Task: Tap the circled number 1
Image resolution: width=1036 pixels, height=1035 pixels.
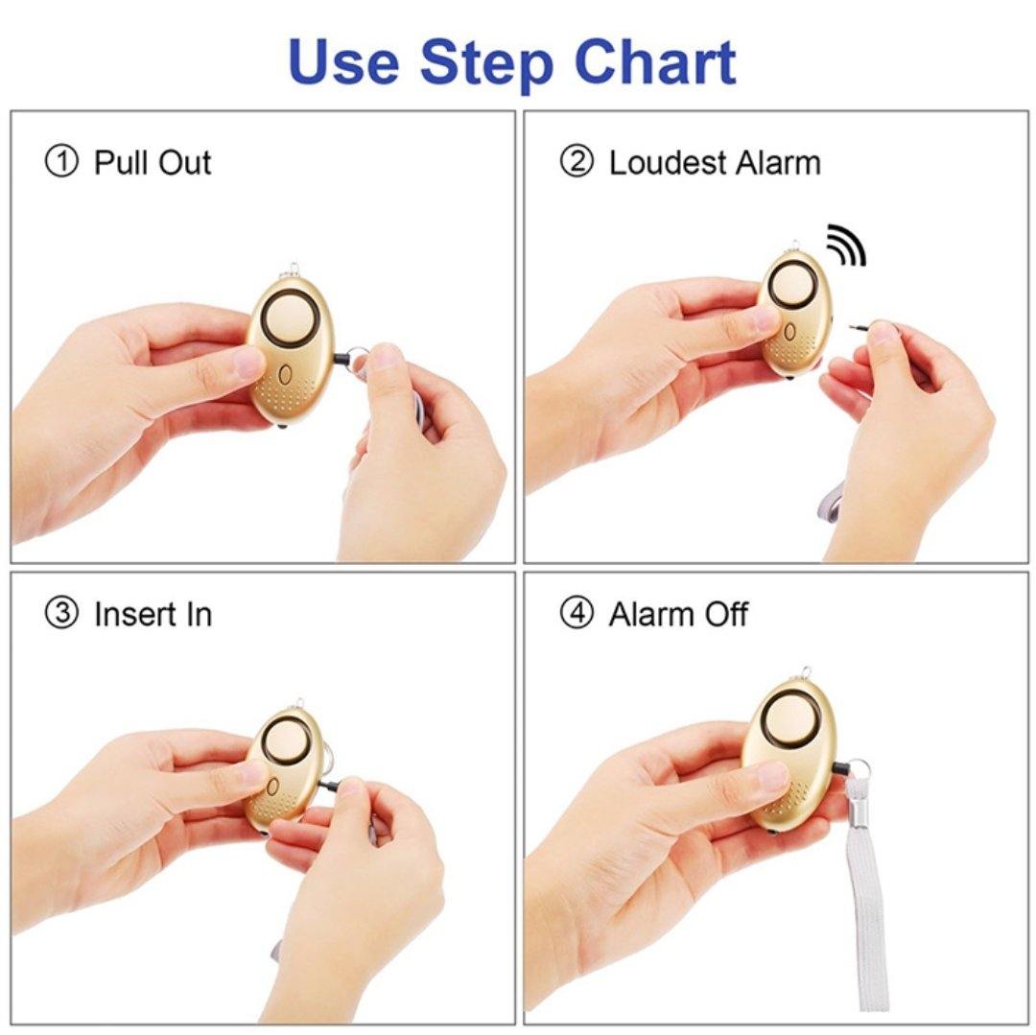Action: coord(61,162)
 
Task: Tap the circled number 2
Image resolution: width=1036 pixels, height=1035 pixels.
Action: coord(577,162)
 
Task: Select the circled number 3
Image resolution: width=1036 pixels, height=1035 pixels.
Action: coord(61,614)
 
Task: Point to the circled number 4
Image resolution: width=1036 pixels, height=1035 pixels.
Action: coord(577,614)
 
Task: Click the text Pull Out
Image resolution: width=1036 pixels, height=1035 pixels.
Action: coord(152,162)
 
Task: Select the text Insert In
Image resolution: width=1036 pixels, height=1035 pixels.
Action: coord(153,614)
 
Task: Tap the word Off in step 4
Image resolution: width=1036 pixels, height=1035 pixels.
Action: coord(726,614)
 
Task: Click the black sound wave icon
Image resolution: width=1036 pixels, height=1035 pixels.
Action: coord(846,245)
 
